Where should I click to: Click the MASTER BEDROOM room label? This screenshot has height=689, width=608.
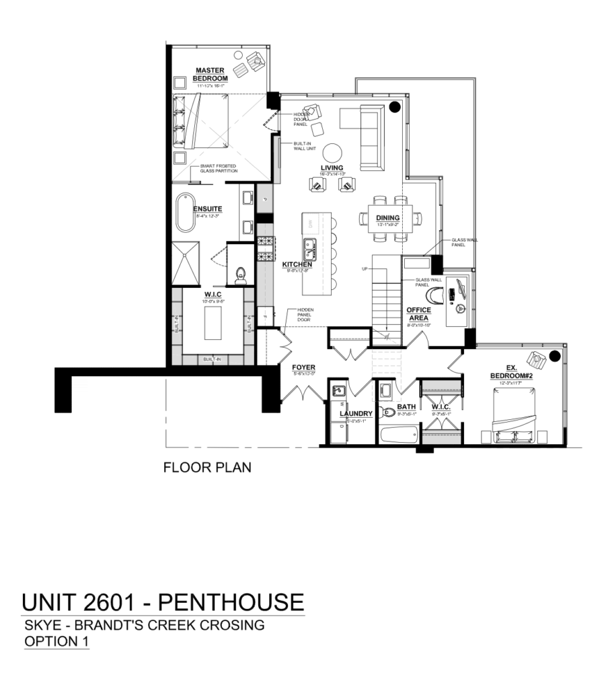pyautogui.click(x=211, y=74)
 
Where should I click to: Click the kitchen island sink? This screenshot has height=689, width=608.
pyautogui.click(x=311, y=248)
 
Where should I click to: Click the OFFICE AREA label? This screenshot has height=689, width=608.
pyautogui.click(x=418, y=314)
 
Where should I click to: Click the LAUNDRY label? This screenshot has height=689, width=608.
pyautogui.click(x=356, y=414)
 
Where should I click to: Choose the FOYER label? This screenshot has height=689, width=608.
pyautogui.click(x=304, y=367)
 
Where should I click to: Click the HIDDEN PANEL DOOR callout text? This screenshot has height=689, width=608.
pyautogui.click(x=301, y=315)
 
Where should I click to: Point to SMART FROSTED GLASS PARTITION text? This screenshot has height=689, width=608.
pyautogui.click(x=218, y=170)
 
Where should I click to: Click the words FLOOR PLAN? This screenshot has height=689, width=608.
pyautogui.click(x=207, y=467)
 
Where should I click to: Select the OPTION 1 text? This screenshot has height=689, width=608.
pyautogui.click(x=56, y=641)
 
